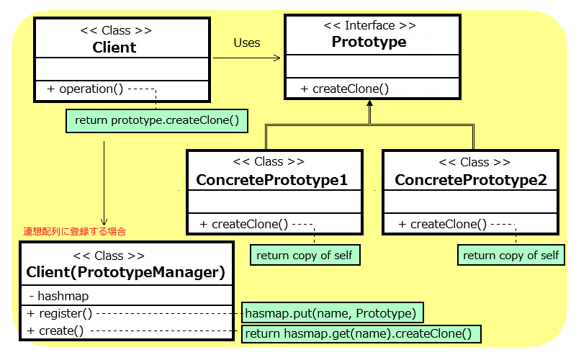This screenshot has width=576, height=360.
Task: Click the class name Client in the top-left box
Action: pos(114,48)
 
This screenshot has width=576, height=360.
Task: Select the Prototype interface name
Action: pos(369,42)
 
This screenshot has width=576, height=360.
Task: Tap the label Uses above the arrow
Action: pos(247,43)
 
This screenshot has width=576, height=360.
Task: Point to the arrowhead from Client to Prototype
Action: pos(277,58)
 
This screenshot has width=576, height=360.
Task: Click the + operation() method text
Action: pos(85,89)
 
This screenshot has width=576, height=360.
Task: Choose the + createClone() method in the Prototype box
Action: pos(344,89)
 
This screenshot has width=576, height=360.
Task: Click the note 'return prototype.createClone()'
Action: pos(157,120)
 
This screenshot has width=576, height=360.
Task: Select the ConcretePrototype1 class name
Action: pos(271,180)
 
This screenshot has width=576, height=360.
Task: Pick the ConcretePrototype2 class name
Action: pos(471,180)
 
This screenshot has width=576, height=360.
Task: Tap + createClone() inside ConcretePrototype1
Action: pos(243,224)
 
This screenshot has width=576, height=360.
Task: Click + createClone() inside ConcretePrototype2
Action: pos(442,224)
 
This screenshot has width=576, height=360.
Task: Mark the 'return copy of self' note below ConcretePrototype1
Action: pos(305,255)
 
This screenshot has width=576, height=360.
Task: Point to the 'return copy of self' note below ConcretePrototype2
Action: pos(511,255)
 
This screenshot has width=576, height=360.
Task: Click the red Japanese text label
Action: pos(75,231)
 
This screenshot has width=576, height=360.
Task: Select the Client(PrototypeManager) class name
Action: pos(125,272)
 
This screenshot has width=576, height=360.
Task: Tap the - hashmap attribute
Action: pos(59,296)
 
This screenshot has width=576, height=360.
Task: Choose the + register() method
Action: pos(60,313)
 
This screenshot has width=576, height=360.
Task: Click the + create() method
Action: pos(55,330)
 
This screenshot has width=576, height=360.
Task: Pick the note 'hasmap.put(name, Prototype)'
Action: pos(333,313)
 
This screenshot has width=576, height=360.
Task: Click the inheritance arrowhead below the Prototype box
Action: pos(369,104)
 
